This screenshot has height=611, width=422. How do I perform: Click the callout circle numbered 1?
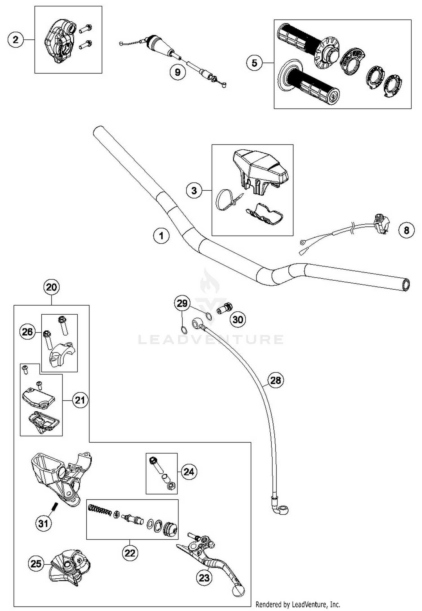[x=161, y=236]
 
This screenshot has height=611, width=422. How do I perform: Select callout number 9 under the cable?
[x=178, y=72]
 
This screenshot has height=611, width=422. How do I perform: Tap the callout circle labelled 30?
[x=238, y=319]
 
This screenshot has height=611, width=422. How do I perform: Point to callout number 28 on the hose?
[x=275, y=380]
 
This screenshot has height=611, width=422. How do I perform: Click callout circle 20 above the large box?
[x=51, y=287]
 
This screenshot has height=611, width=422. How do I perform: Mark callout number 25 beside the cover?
[x=36, y=563]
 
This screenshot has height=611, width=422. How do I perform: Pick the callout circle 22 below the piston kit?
[x=130, y=553]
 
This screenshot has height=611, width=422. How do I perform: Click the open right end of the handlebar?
[x=406, y=284]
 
